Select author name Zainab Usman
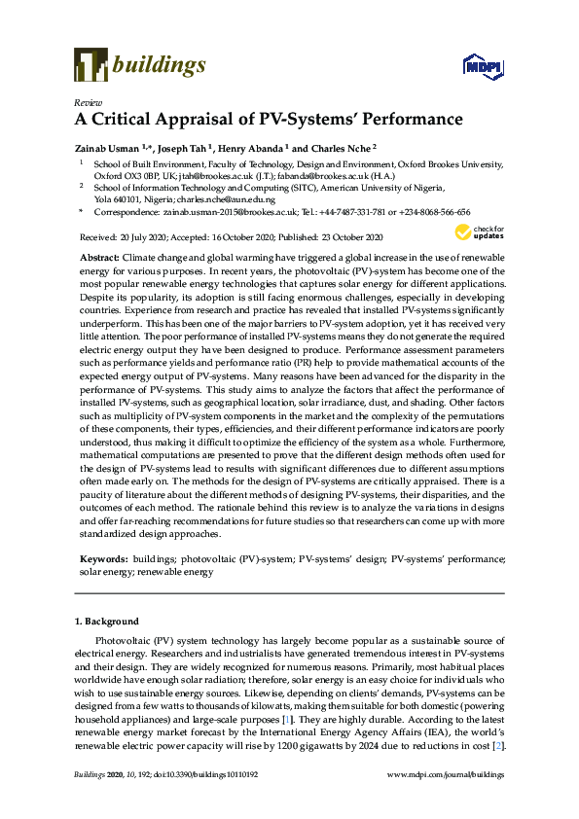click(x=106, y=148)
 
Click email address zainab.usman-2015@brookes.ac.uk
click(x=224, y=211)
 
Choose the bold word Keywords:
click(x=102, y=559)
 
